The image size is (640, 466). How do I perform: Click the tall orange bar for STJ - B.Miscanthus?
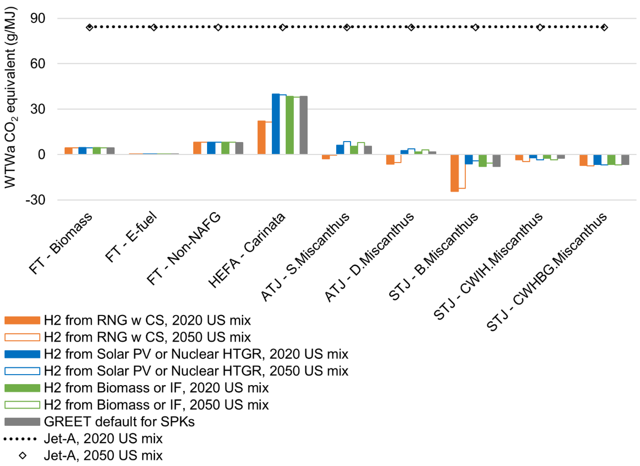pyautogui.click(x=454, y=173)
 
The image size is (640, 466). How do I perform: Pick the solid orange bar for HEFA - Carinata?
pyautogui.click(x=261, y=137)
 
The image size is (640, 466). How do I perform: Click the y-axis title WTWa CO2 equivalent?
pyautogui.click(x=11, y=97)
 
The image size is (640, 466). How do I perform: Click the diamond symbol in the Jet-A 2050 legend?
pyautogui.click(x=22, y=455)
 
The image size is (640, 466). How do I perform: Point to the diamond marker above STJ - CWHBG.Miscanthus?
pyautogui.click(x=604, y=27)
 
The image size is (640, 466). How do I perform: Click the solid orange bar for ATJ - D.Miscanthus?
pyautogui.click(x=390, y=160)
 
